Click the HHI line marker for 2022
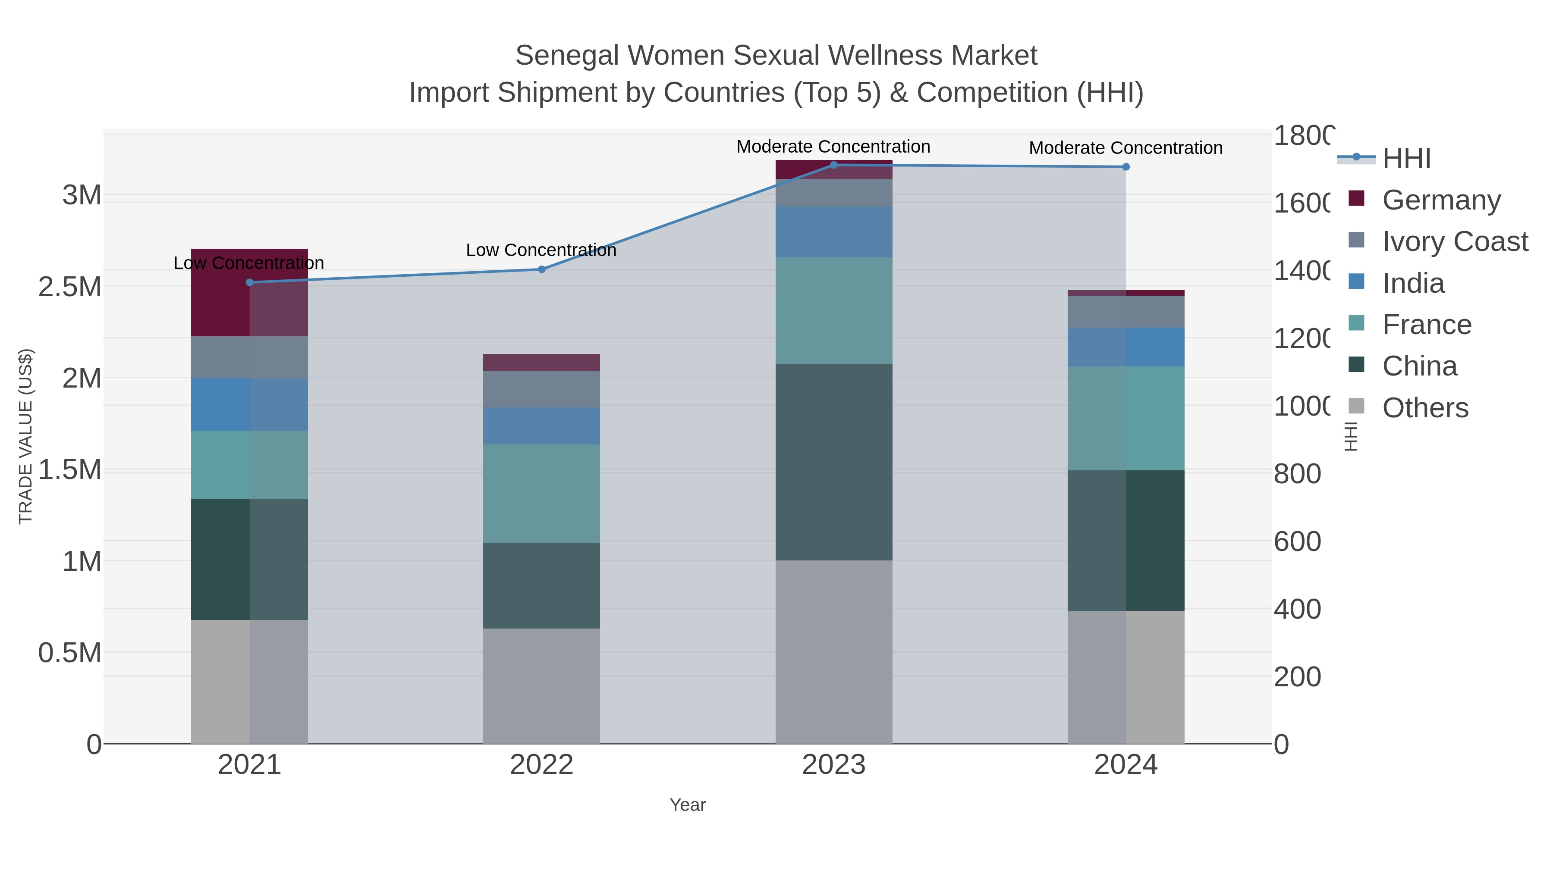[x=541, y=269]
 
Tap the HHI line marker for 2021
[x=250, y=282]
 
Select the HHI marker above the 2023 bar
[x=834, y=165]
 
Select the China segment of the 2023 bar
[x=834, y=462]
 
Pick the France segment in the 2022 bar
[x=541, y=494]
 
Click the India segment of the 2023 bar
[x=834, y=232]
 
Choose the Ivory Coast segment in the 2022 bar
[x=541, y=389]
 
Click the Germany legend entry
[x=1441, y=200]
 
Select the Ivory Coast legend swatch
[x=1356, y=241]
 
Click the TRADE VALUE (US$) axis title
[x=26, y=436]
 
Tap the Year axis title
[x=687, y=805]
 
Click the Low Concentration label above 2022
[x=541, y=250]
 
